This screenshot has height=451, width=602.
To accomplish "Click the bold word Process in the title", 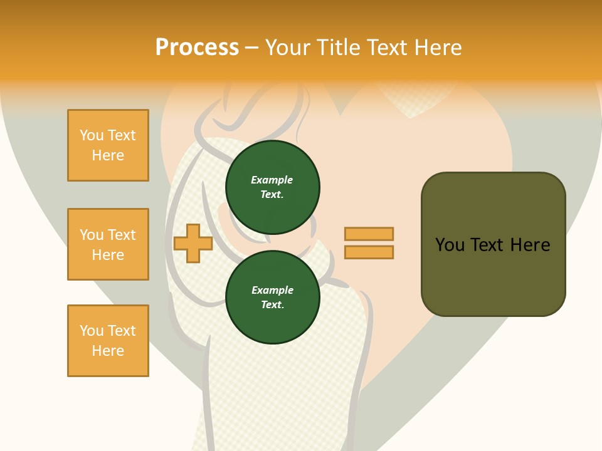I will [197, 48].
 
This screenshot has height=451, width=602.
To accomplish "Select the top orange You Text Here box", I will [108, 145].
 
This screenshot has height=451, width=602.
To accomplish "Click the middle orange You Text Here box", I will [108, 244].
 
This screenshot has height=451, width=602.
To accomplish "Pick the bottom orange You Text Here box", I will [108, 341].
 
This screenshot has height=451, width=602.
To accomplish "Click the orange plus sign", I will [193, 243].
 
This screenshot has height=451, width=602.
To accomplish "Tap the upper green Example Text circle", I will [272, 187].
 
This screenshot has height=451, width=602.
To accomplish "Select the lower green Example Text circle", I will [272, 297].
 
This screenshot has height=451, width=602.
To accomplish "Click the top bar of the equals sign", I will [369, 234].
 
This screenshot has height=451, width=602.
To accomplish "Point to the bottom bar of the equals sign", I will [369, 252].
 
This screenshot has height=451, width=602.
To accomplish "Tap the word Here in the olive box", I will [530, 244].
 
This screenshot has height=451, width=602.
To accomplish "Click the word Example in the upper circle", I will [272, 180].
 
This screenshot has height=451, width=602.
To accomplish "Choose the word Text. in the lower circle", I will [272, 304].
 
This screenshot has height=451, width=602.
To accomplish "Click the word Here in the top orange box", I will [108, 155].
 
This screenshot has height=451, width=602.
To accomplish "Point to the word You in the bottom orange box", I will [92, 331].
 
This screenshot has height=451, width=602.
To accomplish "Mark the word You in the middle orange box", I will [92, 235].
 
